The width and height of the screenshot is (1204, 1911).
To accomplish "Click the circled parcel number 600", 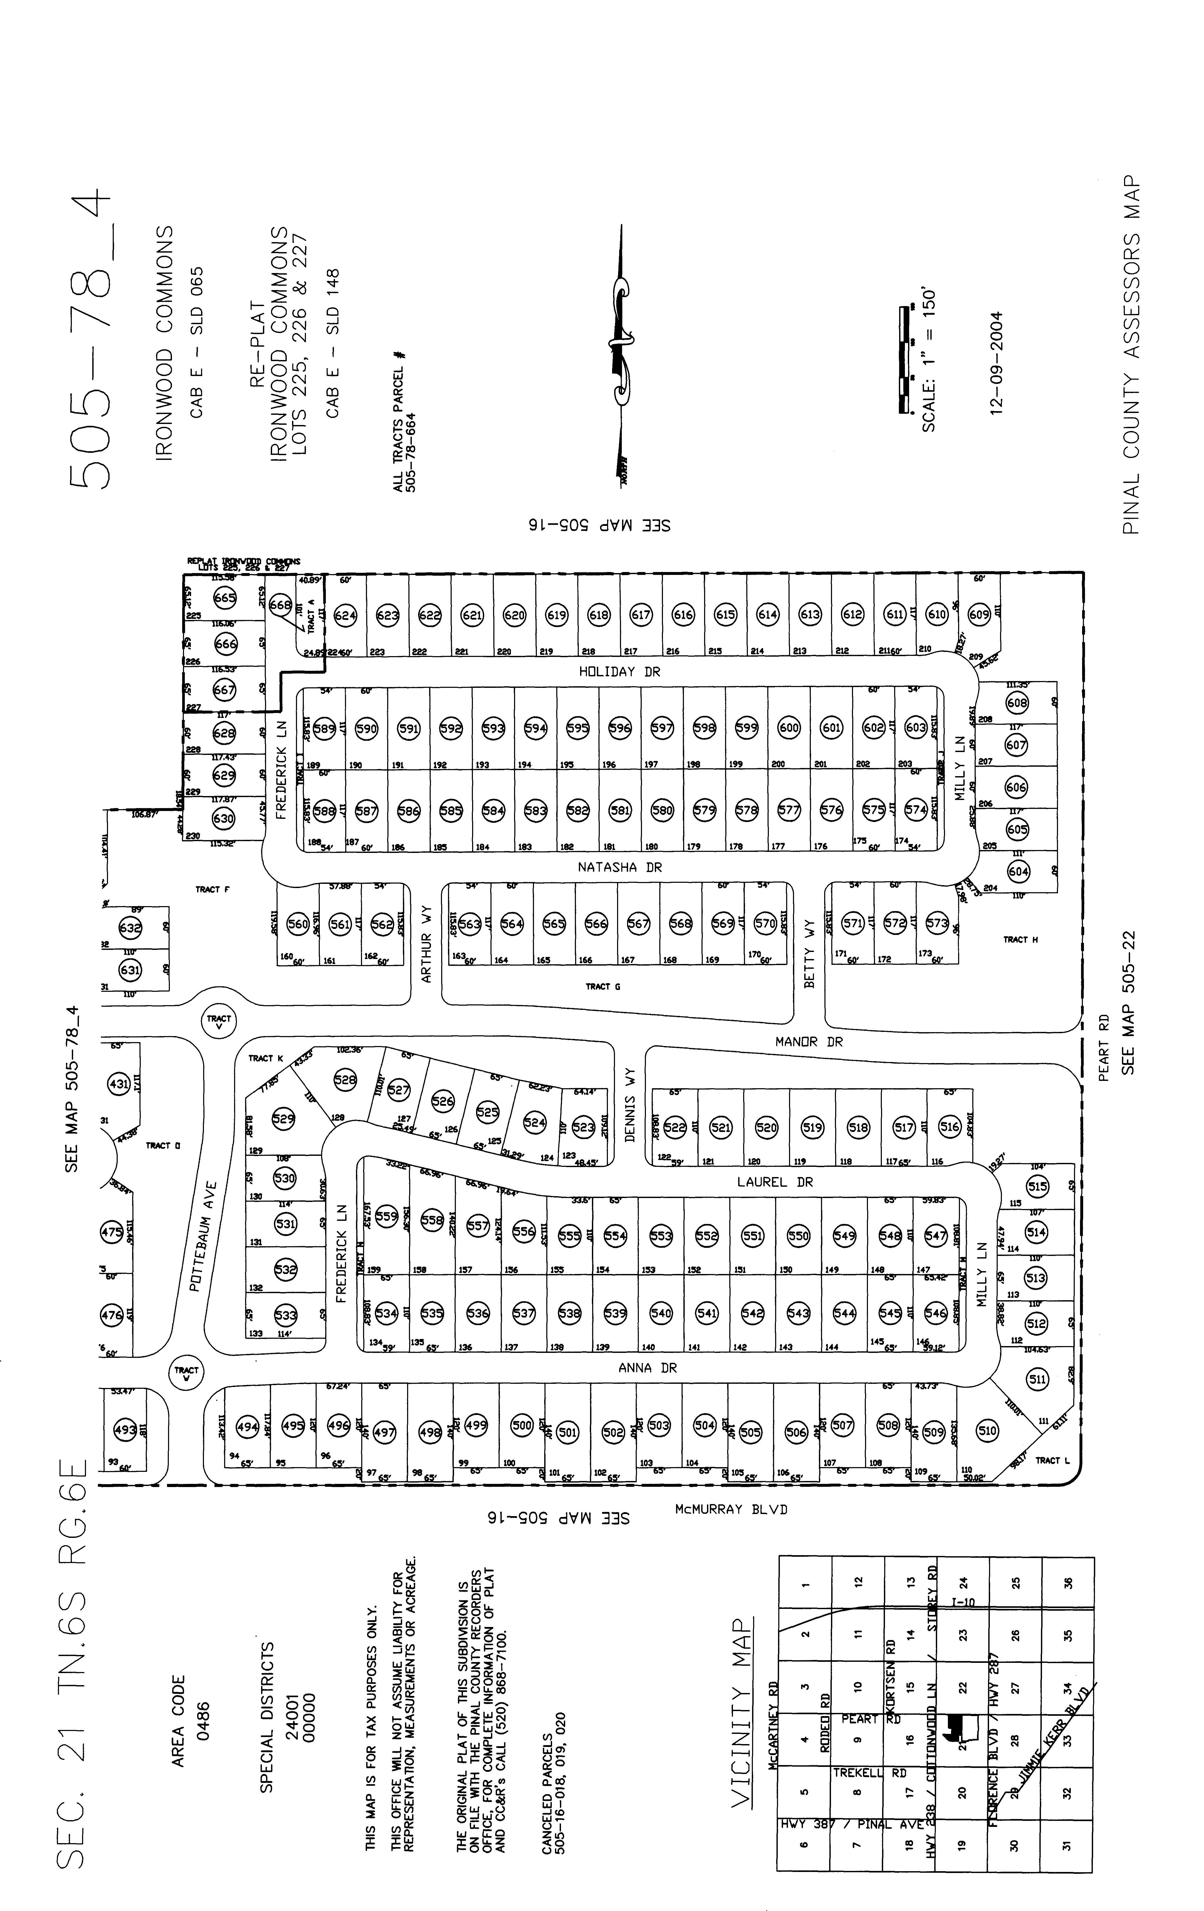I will (789, 728).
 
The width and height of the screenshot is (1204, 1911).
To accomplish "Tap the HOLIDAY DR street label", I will (619, 671).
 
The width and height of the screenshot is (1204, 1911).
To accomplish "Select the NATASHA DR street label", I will (619, 867).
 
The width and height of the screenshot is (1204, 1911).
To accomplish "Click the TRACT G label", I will (603, 987).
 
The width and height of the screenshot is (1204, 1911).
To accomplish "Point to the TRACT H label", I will (1021, 940).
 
